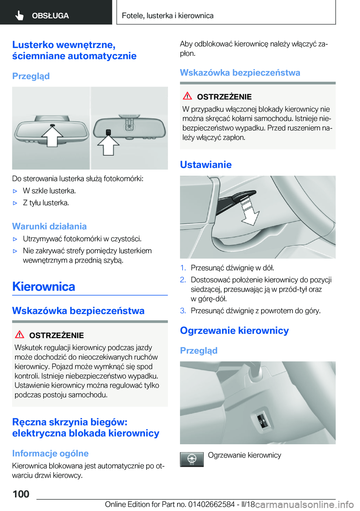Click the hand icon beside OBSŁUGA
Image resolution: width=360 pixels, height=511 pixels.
[19, 15]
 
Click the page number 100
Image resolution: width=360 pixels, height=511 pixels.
[21, 494]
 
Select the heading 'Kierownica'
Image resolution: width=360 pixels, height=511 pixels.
[43, 287]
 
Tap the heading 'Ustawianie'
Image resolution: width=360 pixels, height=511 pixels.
[205, 165]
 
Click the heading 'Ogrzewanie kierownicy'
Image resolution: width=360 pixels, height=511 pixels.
[234, 331]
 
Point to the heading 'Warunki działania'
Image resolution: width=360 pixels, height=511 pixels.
[49, 226]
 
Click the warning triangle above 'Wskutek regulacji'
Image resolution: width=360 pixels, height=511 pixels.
[19, 334]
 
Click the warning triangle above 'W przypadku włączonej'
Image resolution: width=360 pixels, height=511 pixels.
[187, 96]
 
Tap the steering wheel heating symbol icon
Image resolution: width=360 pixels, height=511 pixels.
[192, 459]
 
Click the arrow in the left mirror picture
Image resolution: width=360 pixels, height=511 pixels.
[52, 136]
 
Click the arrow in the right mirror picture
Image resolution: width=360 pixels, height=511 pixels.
[108, 145]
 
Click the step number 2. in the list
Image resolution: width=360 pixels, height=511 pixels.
[183, 280]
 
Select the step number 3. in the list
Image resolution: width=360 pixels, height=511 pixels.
[183, 311]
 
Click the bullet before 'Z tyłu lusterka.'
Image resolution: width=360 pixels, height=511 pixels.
[15, 203]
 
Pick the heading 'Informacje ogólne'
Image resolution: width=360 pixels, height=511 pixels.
[50, 453]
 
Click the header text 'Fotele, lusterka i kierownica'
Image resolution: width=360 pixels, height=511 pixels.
[168, 16]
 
